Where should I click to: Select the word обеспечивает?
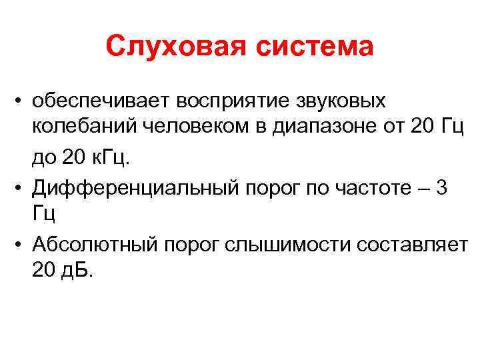point(103,101)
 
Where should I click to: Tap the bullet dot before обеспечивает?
point(22,102)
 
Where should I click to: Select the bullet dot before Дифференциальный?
point(22,188)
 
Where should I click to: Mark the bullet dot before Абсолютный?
point(22,245)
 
